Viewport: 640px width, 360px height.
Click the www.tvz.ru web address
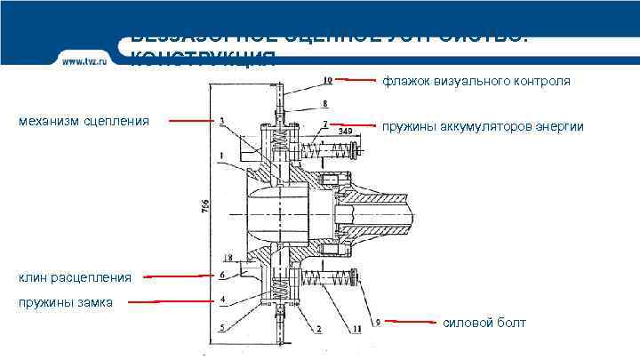coord(84,61)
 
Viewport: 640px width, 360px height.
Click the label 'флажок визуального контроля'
coord(476,82)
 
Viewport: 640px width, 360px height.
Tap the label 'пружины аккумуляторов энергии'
coord(483,127)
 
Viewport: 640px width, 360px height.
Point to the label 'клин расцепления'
coord(75,277)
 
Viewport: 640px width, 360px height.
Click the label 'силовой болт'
coord(484,323)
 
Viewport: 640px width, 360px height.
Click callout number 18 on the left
coord(227,258)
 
